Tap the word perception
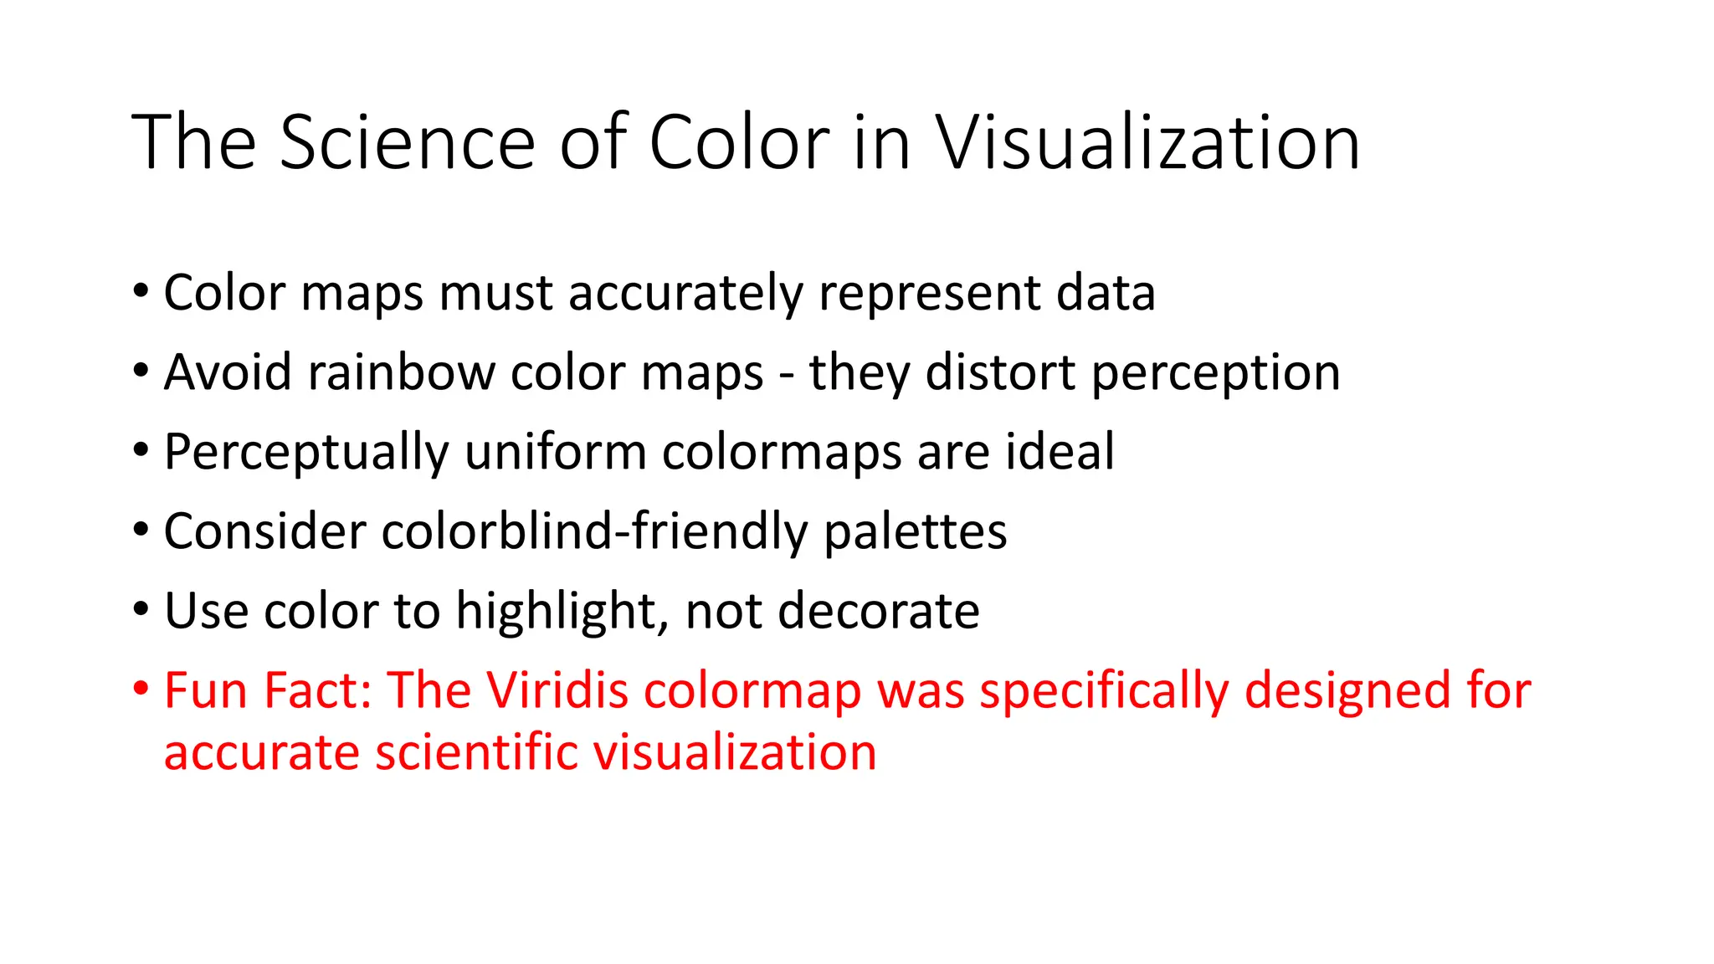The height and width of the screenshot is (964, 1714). tap(1216, 374)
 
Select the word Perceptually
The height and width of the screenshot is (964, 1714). tap(306, 454)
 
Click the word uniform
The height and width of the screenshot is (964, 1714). tap(556, 452)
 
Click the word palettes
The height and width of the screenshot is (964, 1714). tap(916, 533)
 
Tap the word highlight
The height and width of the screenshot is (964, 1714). tap(562, 613)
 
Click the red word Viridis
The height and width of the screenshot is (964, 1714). tap(557, 691)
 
